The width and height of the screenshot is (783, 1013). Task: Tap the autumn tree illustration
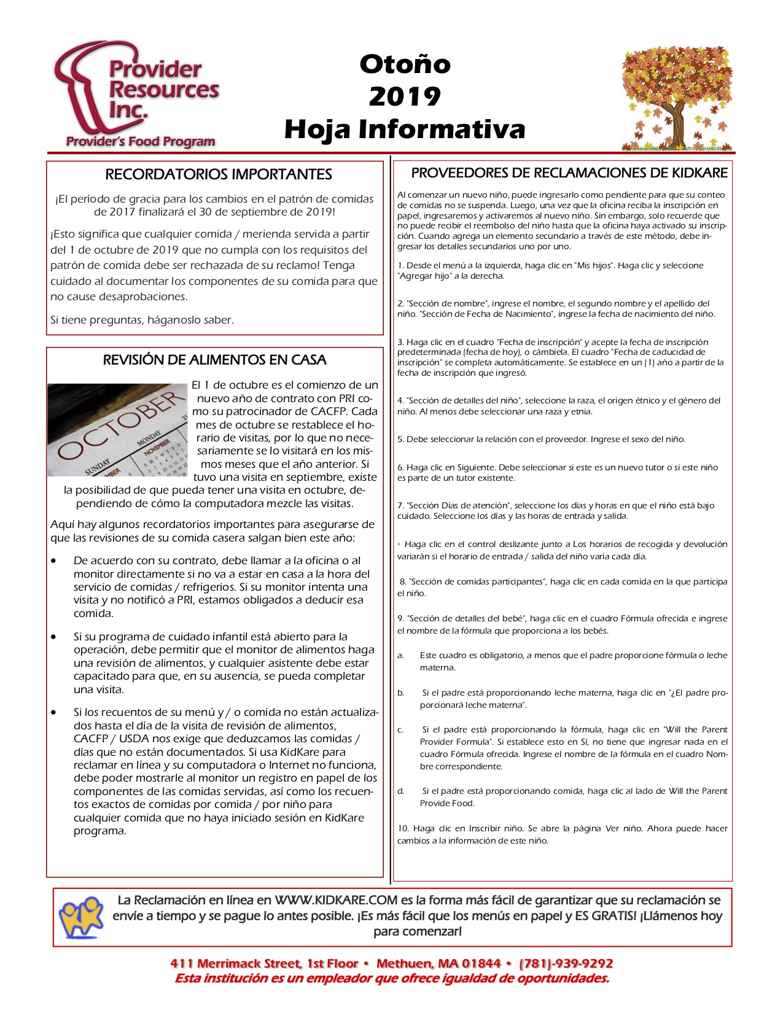677,98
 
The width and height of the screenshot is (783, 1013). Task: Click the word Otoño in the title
405,64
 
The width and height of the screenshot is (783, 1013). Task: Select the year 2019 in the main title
405,96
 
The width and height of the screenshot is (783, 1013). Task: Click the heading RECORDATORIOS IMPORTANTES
219,174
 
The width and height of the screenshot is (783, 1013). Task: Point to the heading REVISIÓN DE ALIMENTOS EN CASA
214,360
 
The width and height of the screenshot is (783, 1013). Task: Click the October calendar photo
117,430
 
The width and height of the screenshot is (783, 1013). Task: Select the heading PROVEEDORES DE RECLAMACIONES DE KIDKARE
569,173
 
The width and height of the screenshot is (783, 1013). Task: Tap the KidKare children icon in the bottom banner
81,917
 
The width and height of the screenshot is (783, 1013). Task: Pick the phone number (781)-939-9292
566,963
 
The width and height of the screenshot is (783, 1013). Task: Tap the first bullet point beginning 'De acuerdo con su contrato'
56,561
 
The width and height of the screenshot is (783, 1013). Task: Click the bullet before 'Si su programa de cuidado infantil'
56,637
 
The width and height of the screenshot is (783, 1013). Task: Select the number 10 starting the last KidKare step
402,828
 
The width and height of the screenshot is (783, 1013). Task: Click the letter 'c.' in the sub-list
400,730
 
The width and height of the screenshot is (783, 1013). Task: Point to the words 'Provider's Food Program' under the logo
141,141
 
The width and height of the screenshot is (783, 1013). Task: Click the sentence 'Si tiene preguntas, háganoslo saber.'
142,320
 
